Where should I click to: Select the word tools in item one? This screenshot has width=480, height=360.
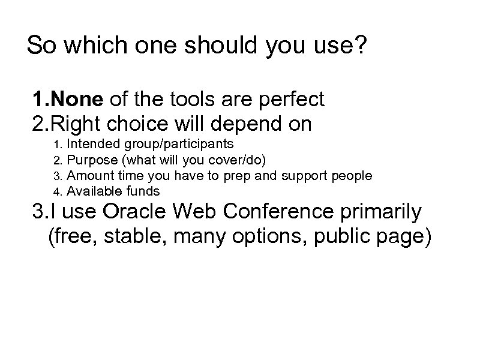click(x=187, y=98)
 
